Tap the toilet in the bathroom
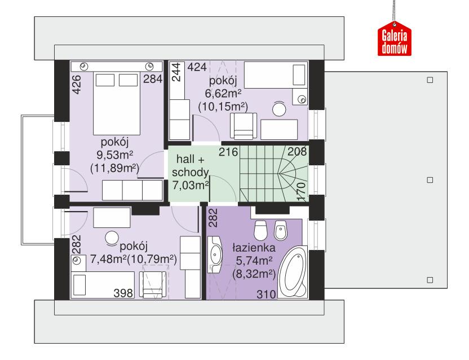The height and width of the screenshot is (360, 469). tap(260, 230)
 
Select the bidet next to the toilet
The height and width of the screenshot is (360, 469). tap(280, 230)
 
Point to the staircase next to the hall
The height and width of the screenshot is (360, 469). tap(272, 174)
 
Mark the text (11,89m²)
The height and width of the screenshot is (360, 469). tap(114, 168)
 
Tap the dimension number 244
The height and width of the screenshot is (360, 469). tap(176, 73)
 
